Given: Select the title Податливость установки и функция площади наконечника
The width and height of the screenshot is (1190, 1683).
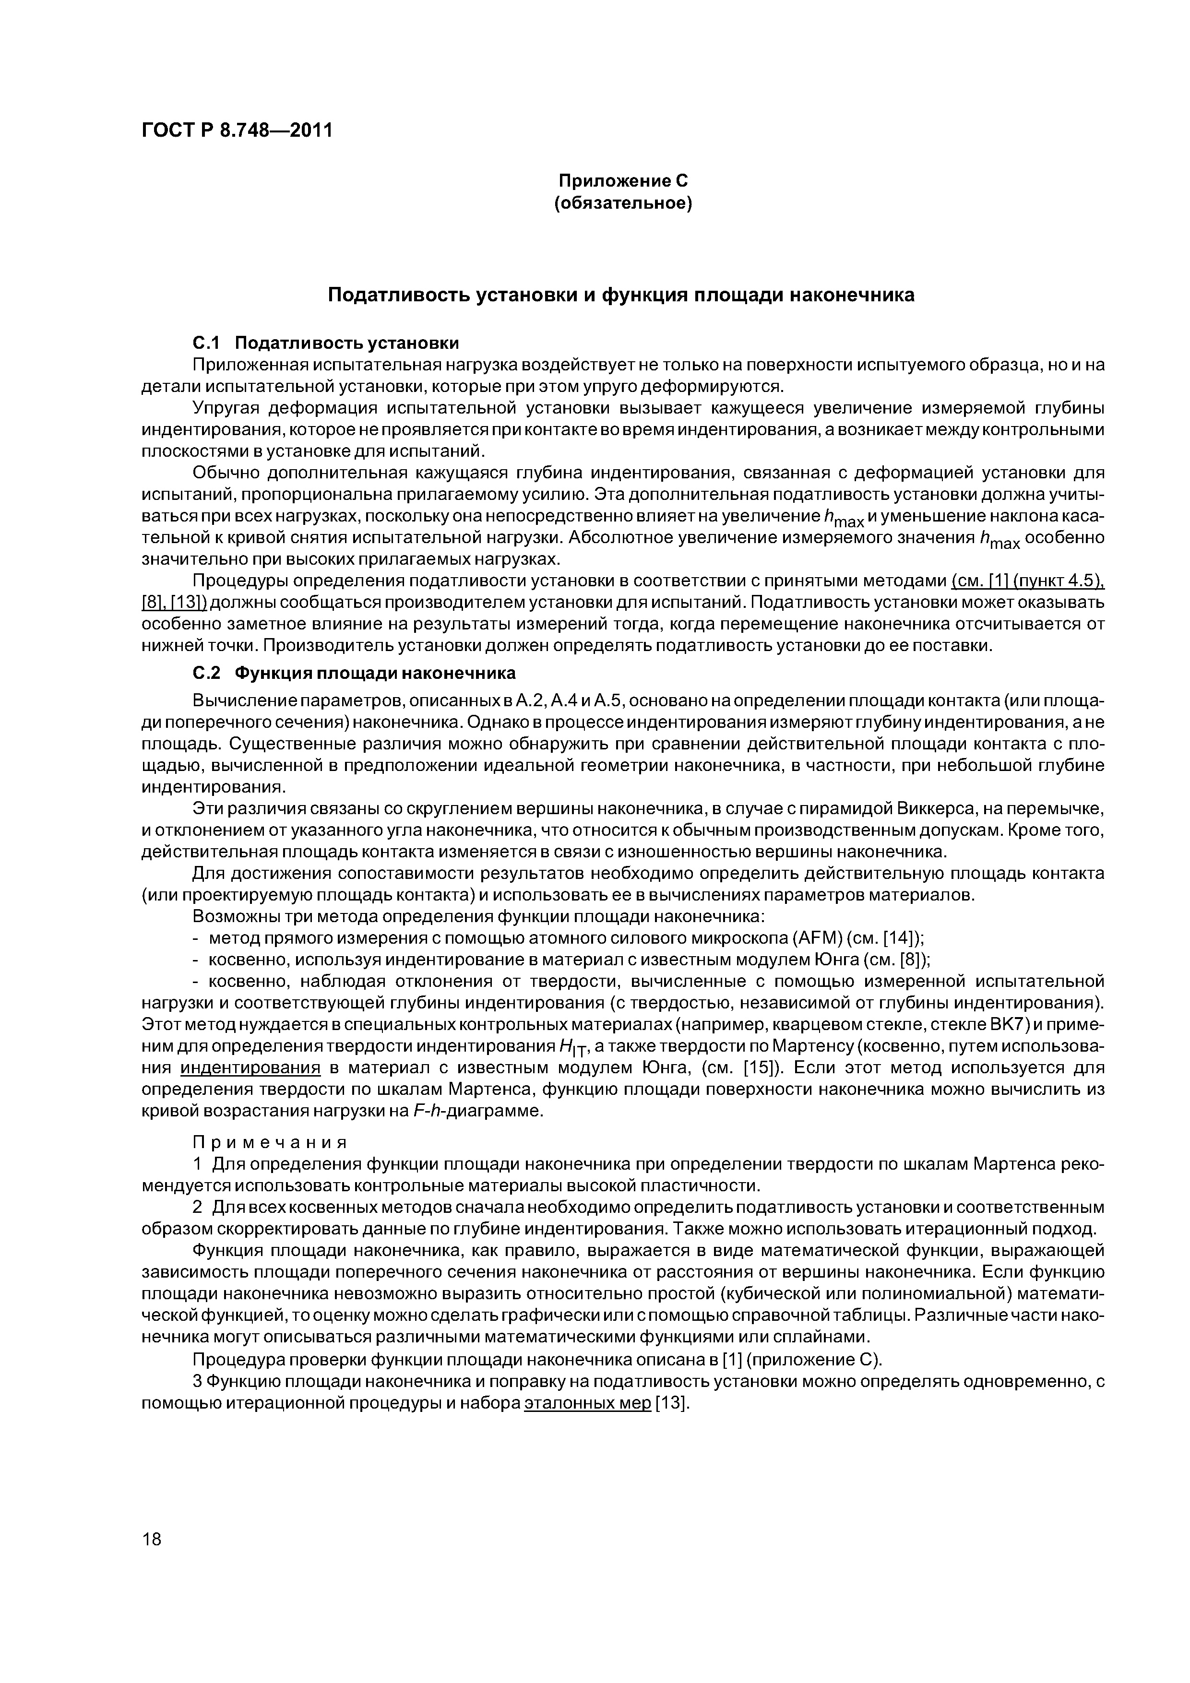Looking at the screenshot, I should point(621,295).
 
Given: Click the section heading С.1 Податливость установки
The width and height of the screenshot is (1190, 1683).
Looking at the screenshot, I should point(325,343).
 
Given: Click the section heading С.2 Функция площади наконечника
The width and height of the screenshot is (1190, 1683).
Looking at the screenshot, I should point(354,673).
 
